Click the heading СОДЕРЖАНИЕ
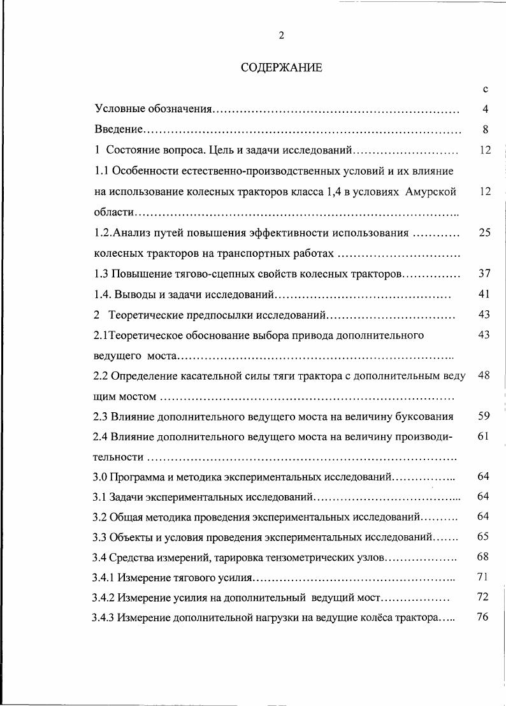281,68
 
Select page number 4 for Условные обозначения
485,110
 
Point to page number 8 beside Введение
485,130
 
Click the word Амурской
430,192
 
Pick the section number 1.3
101,274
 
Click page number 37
484,274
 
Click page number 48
484,375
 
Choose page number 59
484,416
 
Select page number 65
484,537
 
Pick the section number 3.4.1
105,578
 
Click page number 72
484,598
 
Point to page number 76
484,618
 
